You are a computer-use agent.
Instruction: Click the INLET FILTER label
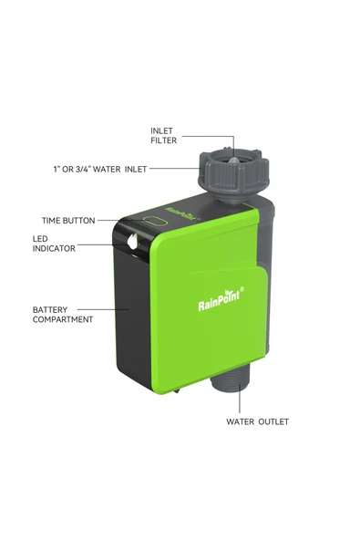coord(163,136)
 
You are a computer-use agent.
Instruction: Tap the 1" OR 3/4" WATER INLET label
coord(100,169)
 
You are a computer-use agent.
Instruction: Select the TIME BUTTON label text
coord(68,221)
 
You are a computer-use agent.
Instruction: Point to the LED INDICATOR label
coord(54,244)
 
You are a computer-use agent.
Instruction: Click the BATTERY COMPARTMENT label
coord(63,315)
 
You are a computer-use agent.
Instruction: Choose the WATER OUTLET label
coord(257,421)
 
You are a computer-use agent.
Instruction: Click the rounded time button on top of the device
coord(155,221)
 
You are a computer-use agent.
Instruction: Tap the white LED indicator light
coord(132,241)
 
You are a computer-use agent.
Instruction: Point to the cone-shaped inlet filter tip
coord(233,161)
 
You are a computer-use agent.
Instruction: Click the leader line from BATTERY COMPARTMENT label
coord(103,309)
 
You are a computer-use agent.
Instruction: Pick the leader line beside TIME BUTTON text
coord(120,220)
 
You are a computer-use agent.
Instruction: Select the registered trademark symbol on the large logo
coord(242,289)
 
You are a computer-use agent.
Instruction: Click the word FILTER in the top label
coord(163,140)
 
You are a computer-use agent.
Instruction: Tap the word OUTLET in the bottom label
coord(273,421)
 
